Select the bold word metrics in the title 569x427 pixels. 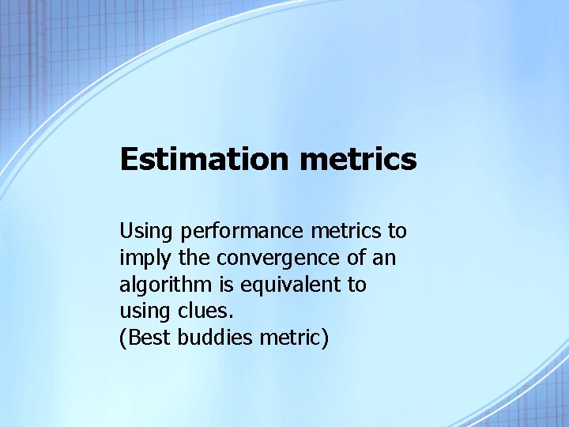click(x=358, y=159)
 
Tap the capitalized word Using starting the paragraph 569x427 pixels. click(x=147, y=232)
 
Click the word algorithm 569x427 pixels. click(x=162, y=285)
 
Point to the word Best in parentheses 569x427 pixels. click(x=148, y=338)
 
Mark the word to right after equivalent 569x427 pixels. click(x=357, y=285)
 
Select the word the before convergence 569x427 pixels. click(x=188, y=259)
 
